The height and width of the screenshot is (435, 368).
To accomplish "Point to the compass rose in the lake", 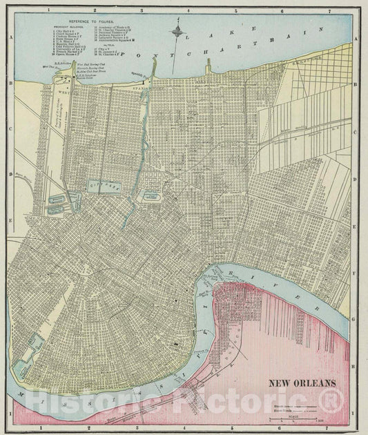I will [178, 32].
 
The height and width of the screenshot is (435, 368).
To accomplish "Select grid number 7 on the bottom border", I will [329, 428].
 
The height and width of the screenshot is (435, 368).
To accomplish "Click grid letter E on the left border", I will [9, 220].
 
